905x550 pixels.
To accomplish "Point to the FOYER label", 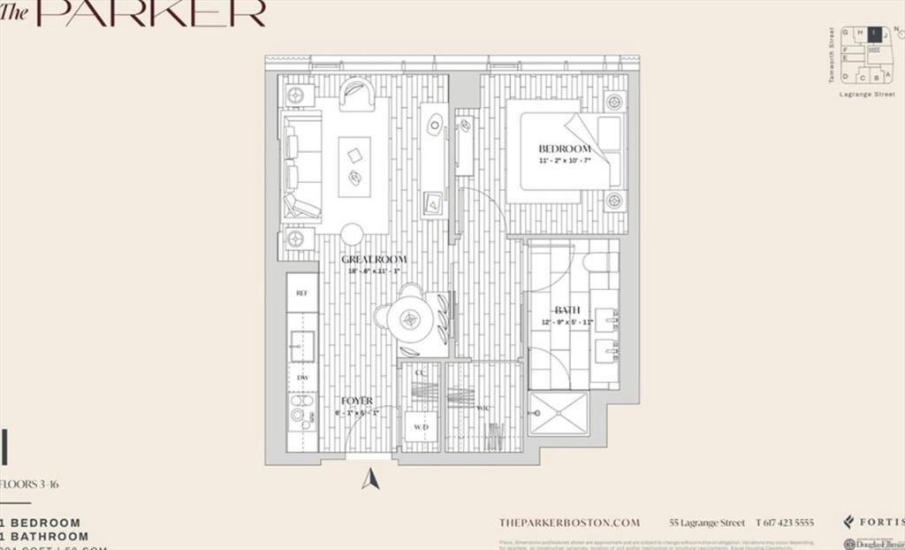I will (357, 401).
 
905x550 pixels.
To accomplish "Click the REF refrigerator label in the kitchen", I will (302, 293).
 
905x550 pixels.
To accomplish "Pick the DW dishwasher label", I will (302, 378).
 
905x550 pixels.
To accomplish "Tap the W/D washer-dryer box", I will (422, 428).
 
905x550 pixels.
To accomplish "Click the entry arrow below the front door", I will (371, 478).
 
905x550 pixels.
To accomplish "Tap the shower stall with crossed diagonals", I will (557, 413).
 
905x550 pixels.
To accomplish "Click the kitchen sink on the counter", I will (302, 344).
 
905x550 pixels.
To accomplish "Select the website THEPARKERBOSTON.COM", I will (568, 523).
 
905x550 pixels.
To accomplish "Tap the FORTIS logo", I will (874, 522).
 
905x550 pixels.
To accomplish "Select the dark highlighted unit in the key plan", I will (872, 34).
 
